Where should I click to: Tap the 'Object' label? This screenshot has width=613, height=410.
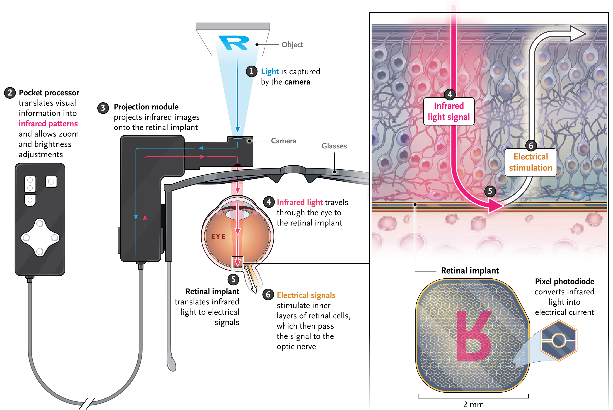coord(292,45)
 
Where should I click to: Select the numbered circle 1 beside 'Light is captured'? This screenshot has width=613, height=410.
coord(251,71)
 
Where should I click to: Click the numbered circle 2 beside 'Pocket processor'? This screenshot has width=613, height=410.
coord(10,93)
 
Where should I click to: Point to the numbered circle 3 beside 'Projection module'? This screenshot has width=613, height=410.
coord(103,108)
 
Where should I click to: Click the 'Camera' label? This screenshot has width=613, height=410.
coord(284,141)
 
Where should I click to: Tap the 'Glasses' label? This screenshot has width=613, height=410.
coord(334,146)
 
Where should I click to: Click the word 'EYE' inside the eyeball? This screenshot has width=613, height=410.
coord(218,237)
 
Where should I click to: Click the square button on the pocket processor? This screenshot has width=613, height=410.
coord(51,181)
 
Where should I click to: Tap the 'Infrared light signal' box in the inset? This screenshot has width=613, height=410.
coord(449,111)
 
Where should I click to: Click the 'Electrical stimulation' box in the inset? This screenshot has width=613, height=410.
coord(530,162)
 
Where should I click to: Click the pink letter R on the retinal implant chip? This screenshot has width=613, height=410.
coord(473,335)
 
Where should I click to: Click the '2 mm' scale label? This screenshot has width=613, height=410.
coord(473,404)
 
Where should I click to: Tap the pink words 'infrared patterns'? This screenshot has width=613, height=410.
coord(48,123)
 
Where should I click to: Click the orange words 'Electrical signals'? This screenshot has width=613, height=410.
coord(306,295)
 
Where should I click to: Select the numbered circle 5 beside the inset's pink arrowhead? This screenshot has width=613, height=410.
coord(490,191)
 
